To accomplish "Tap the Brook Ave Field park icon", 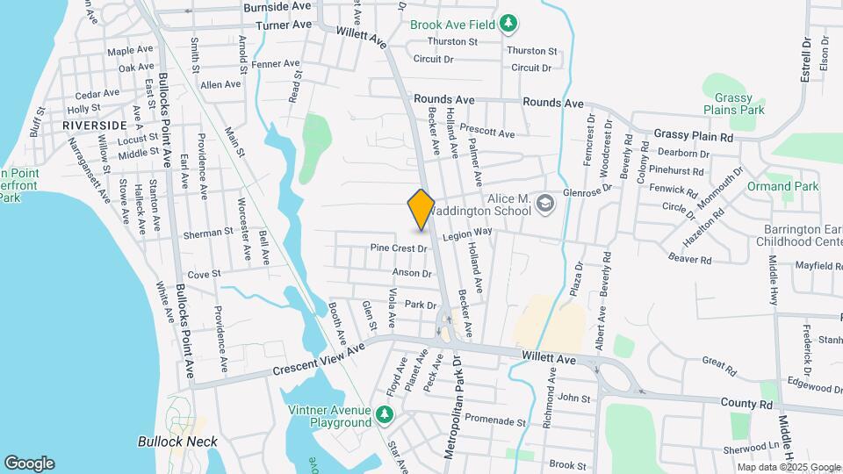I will pyautogui.click(x=508, y=25).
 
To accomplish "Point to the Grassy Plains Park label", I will pyautogui.click(x=739, y=104).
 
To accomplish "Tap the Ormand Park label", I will pyautogui.click(x=782, y=186).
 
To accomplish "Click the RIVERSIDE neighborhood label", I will pyautogui.click(x=89, y=126).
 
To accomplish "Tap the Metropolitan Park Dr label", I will pyautogui.click(x=454, y=413).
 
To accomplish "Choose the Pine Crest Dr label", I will pyautogui.click(x=398, y=248).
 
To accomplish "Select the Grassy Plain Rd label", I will pyautogui.click(x=693, y=137).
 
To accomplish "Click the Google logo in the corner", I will pyautogui.click(x=29, y=463).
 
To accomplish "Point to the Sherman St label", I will pyautogui.click(x=207, y=234).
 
